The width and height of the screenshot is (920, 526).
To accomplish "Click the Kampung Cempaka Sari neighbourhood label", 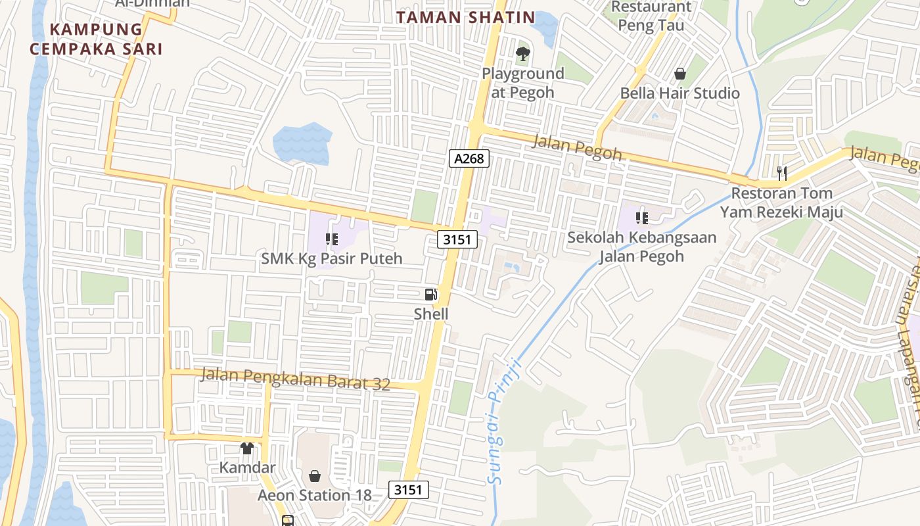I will click(96, 39).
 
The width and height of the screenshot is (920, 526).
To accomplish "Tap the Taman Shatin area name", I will click(465, 18).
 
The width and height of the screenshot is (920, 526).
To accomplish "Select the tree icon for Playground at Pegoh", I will click(523, 53).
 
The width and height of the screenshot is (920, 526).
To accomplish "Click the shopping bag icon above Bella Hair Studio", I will click(680, 74).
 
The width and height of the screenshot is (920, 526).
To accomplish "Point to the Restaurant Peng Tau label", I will click(651, 16).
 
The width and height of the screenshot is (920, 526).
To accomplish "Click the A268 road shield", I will click(470, 158).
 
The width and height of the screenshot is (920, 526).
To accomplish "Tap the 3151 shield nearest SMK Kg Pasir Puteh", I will click(457, 239).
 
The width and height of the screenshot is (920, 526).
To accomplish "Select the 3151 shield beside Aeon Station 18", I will click(409, 489).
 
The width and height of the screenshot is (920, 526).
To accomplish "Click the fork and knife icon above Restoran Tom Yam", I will click(781, 173).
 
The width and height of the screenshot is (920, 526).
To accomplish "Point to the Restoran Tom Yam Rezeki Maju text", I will click(781, 203).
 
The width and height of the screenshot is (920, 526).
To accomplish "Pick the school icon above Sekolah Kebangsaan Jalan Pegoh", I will click(641, 218).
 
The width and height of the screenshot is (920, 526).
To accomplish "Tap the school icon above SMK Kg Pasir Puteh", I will click(332, 239).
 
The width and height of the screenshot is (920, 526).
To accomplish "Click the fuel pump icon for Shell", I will click(431, 295).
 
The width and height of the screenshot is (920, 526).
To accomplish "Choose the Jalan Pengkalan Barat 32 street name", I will click(296, 379).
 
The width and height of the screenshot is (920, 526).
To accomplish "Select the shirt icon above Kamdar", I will click(247, 448).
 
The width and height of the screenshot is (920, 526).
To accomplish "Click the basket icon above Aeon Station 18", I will click(315, 475).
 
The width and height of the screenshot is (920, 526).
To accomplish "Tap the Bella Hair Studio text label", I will click(680, 93).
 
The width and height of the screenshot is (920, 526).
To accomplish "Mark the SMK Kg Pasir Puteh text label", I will click(332, 258).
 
